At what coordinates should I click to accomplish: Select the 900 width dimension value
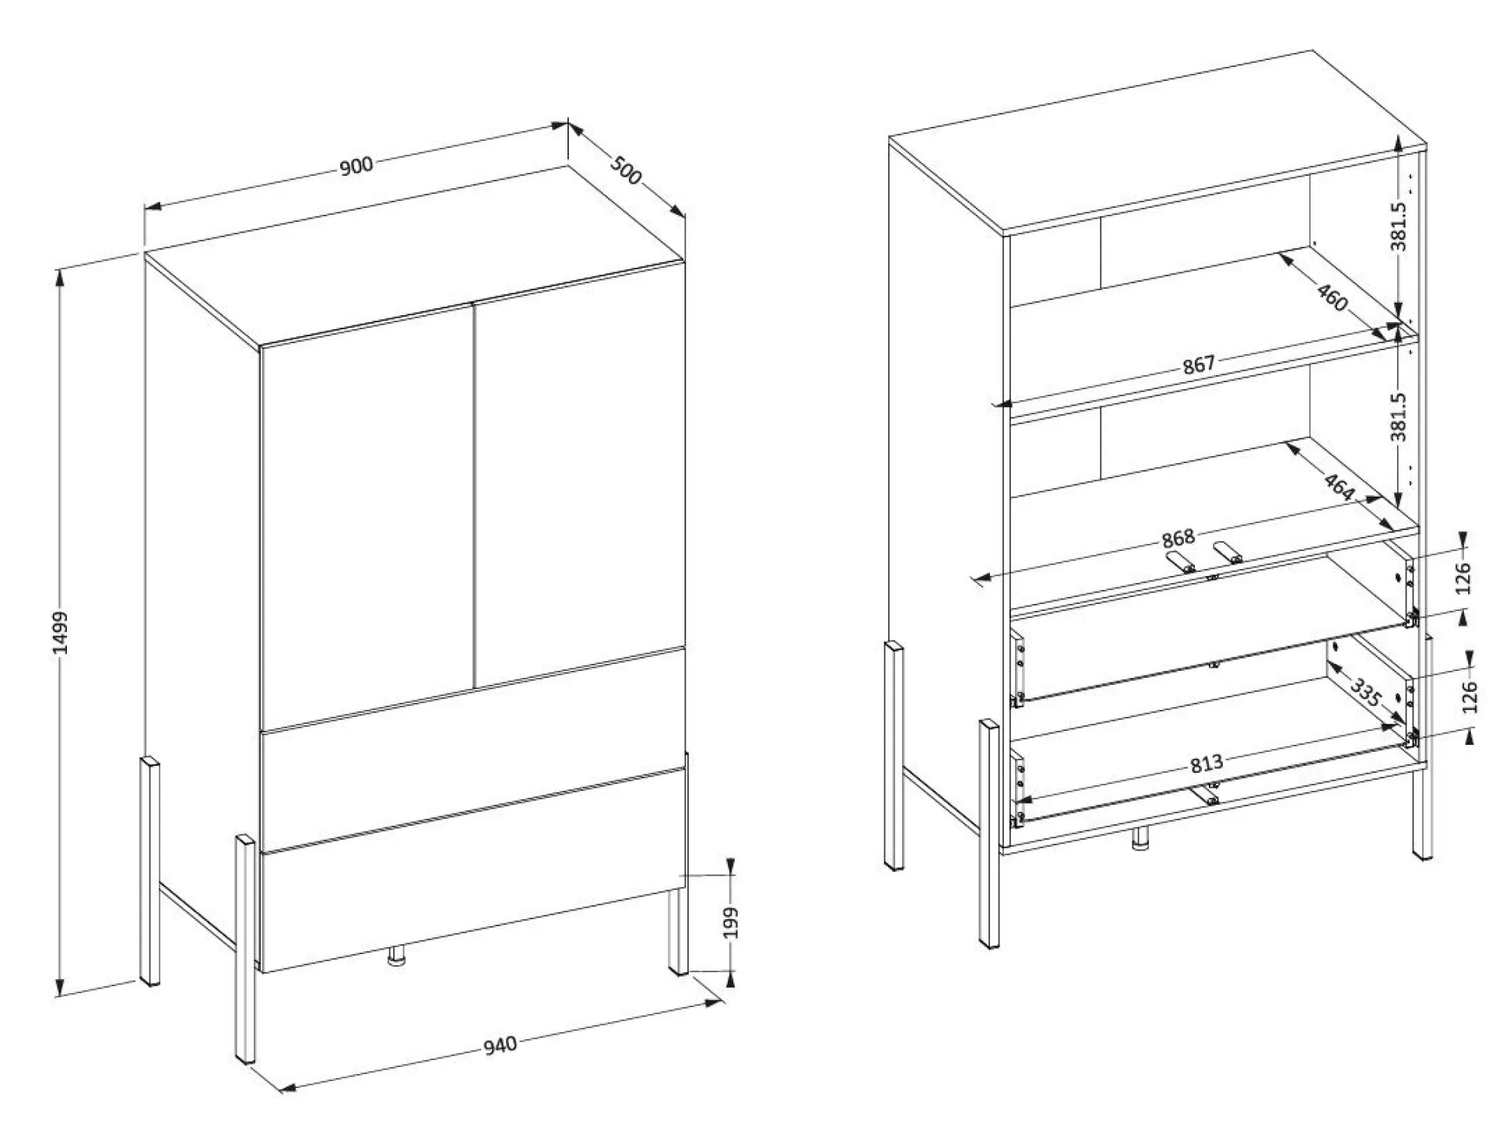coord(357,166)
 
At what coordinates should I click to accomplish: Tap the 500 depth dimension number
coord(625,170)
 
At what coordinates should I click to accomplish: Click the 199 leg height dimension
coord(731,923)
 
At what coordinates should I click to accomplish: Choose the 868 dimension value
coord(1178,539)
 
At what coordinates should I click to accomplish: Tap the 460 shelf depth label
coord(1332,297)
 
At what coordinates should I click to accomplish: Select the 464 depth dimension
coord(1339,487)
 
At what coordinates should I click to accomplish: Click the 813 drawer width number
coord(1206,764)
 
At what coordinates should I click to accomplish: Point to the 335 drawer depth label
coord(1365,692)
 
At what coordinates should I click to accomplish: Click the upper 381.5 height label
coord(1399,226)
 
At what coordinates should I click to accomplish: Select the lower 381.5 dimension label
coord(1399,416)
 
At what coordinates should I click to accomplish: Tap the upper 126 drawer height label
coord(1463,578)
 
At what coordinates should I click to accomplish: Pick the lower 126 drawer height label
coord(1470,697)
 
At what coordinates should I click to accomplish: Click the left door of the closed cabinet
coord(367,517)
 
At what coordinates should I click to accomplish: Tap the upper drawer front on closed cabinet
coord(473,748)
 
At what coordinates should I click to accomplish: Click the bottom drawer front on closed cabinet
coord(473,870)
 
